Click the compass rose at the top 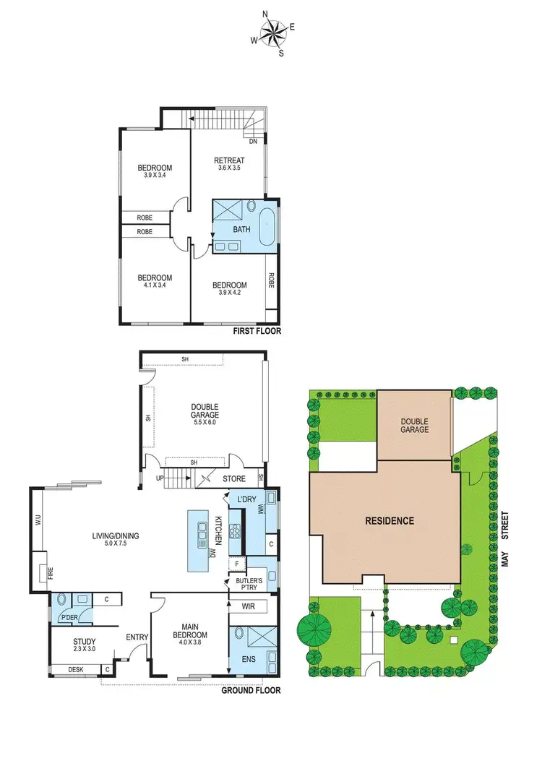272,33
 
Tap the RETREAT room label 229,160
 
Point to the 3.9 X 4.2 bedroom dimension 229,293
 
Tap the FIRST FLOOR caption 257,332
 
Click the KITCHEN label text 216,531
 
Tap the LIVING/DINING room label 115,535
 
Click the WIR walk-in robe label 248,606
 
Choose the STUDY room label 84,641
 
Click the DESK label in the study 75,670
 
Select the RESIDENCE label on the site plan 390,520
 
